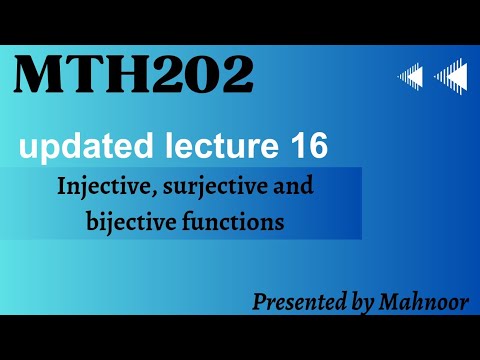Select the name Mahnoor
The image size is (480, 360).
click(x=424, y=302)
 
